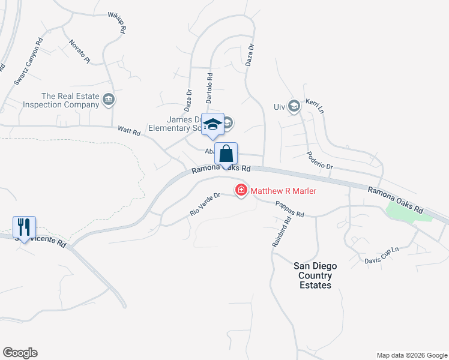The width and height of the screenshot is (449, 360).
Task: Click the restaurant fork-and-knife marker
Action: pyautogui.click(x=24, y=227)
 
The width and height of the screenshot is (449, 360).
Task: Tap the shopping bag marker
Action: pyautogui.click(x=226, y=154)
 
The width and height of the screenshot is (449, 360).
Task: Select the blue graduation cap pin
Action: pyautogui.click(x=212, y=124)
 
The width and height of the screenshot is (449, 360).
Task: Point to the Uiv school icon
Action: pyautogui.click(x=294, y=107)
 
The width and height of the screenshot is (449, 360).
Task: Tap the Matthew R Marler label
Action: pyautogui.click(x=283, y=191)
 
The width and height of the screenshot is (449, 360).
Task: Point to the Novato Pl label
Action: pyautogui.click(x=79, y=52)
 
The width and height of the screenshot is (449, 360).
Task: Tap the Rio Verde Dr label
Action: pyautogui.click(x=205, y=204)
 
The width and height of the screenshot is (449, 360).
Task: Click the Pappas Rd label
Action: pyautogui.click(x=291, y=209)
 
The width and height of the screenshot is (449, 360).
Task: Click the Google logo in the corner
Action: pyautogui.click(x=20, y=353)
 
